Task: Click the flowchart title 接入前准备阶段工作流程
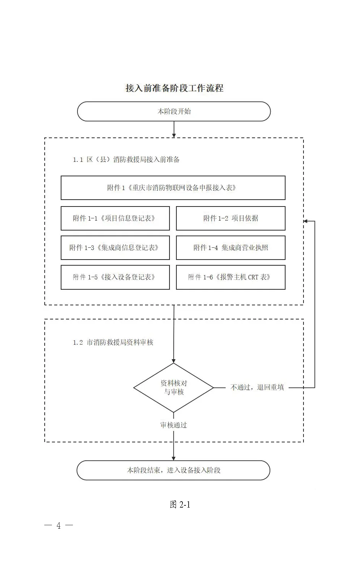(174, 88)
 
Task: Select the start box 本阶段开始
(174, 111)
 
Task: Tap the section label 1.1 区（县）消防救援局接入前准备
(126, 160)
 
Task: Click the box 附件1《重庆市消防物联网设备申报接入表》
(173, 188)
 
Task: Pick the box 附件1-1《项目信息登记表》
(115, 218)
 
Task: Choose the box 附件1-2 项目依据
(231, 218)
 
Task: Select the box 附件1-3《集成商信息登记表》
(115, 248)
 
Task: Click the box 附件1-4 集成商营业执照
(231, 248)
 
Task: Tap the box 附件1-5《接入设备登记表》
(115, 277)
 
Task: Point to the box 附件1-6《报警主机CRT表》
(231, 277)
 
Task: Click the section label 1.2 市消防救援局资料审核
(113, 342)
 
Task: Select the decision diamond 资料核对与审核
(174, 387)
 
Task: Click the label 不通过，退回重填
(257, 387)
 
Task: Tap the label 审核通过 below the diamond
(174, 425)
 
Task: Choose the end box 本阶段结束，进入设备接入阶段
(174, 470)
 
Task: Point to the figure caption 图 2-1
(180, 505)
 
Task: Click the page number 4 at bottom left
(58, 526)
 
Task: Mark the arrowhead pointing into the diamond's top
(174, 361)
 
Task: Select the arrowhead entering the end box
(174, 458)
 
